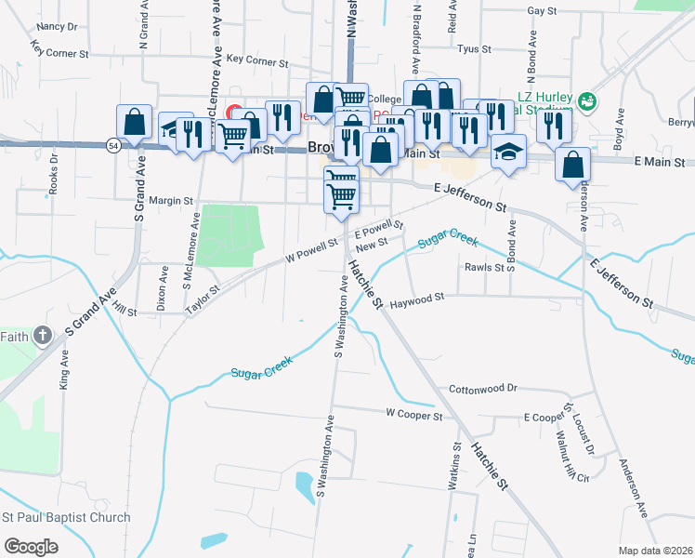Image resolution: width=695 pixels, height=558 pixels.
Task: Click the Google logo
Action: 31,546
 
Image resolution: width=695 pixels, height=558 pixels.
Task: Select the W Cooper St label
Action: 413,415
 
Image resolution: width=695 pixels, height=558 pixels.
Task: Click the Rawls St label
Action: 483,267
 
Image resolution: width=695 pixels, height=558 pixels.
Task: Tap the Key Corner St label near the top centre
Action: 257,60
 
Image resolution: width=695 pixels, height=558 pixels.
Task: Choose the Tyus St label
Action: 474,48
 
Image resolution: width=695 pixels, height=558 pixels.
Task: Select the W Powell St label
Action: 311,251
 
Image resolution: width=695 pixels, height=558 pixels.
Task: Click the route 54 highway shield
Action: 111,147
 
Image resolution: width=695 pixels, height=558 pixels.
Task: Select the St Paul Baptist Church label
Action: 66,518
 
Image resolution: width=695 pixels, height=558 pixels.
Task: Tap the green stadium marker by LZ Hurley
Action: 585,100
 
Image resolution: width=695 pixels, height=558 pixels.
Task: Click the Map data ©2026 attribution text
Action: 656,551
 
